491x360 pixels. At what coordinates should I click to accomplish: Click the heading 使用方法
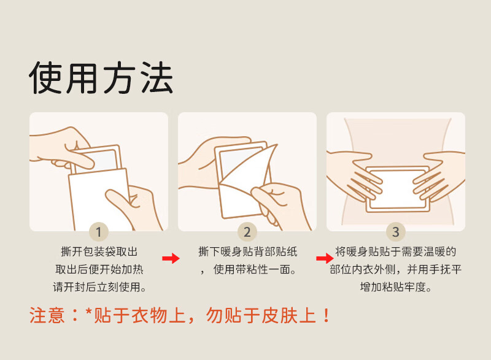click(x=101, y=77)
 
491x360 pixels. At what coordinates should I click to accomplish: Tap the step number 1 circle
click(x=99, y=232)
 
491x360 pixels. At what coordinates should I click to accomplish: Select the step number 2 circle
click(x=247, y=232)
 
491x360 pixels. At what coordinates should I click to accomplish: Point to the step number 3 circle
click(x=396, y=232)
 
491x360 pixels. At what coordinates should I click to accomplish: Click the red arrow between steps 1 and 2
click(x=171, y=258)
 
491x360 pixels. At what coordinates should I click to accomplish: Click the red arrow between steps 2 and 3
click(x=325, y=258)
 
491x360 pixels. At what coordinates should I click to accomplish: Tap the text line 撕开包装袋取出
click(x=99, y=251)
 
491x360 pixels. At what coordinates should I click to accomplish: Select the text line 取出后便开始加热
click(x=99, y=269)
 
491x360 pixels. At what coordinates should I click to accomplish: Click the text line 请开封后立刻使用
click(x=99, y=287)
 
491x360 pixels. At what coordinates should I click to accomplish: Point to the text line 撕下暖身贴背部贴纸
click(x=248, y=251)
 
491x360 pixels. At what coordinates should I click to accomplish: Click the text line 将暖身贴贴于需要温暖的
click(x=396, y=251)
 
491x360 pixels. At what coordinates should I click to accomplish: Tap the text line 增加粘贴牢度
click(x=396, y=287)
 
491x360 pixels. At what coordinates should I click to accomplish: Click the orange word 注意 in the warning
click(x=47, y=315)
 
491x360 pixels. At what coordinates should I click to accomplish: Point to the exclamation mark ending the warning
click(x=326, y=315)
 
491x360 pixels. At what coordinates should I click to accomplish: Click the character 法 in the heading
click(x=157, y=77)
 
